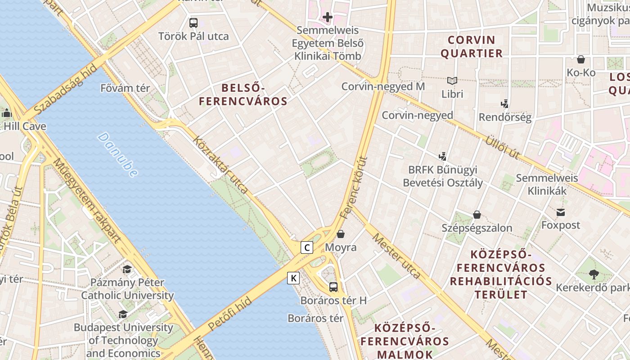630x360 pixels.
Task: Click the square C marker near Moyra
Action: point(307,247)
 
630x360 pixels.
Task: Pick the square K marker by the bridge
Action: point(293,278)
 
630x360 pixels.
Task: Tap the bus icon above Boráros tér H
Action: point(333,287)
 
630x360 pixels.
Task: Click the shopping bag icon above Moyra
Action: point(341,234)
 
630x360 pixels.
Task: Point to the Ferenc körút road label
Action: point(354,187)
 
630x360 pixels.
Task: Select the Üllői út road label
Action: point(502,147)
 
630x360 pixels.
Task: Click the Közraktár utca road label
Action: point(220,165)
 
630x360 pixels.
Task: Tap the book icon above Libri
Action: point(452,81)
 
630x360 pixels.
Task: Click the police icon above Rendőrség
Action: point(505,104)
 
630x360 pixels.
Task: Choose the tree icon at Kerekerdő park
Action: point(594,274)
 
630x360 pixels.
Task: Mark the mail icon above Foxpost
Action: point(561,212)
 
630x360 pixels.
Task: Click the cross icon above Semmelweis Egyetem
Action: point(327,18)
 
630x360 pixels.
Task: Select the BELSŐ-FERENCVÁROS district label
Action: point(243,94)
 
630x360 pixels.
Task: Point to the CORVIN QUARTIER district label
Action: point(472,47)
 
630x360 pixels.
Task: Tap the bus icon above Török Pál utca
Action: point(193,22)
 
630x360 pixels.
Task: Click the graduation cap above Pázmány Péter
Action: point(127,269)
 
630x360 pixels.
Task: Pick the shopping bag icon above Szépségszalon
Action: point(477,215)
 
